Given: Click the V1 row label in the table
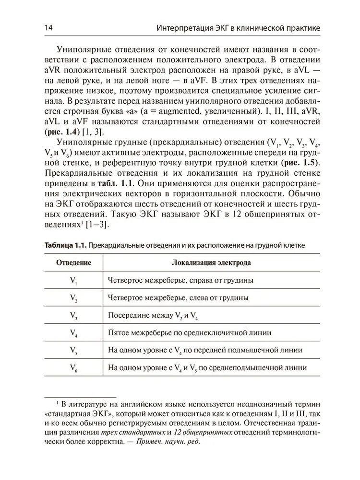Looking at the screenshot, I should (74, 280).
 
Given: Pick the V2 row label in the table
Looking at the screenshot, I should (74, 298).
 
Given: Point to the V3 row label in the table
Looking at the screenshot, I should (74, 316).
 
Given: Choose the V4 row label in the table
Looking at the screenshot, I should (74, 333).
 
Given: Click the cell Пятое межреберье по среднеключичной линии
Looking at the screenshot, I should (190, 333).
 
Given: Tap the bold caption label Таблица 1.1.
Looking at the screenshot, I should (65, 245).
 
